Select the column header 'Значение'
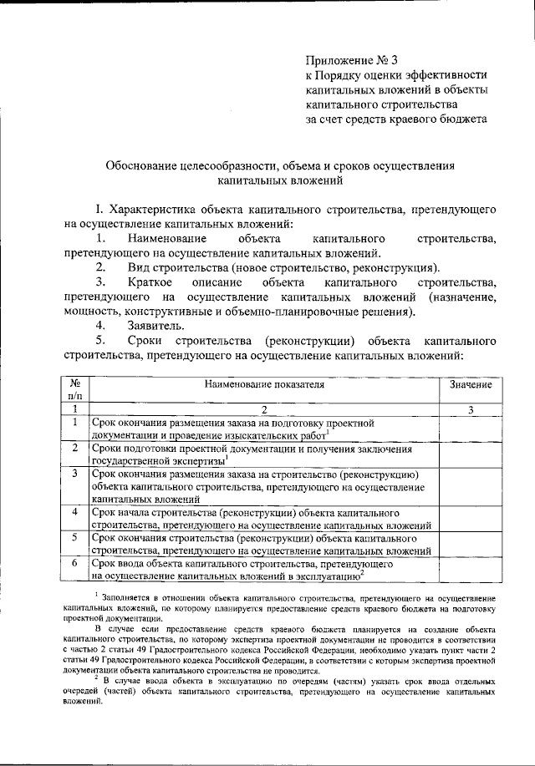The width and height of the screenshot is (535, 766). coord(471,385)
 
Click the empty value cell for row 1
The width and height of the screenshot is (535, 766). coord(471,429)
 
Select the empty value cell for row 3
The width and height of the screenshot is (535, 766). coord(471,486)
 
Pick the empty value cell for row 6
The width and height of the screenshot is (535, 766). coord(471,570)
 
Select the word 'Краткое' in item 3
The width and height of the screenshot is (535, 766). coord(152,286)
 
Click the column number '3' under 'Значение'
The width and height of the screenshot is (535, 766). coord(471,409)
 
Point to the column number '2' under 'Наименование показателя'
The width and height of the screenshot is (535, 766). coord(263,409)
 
